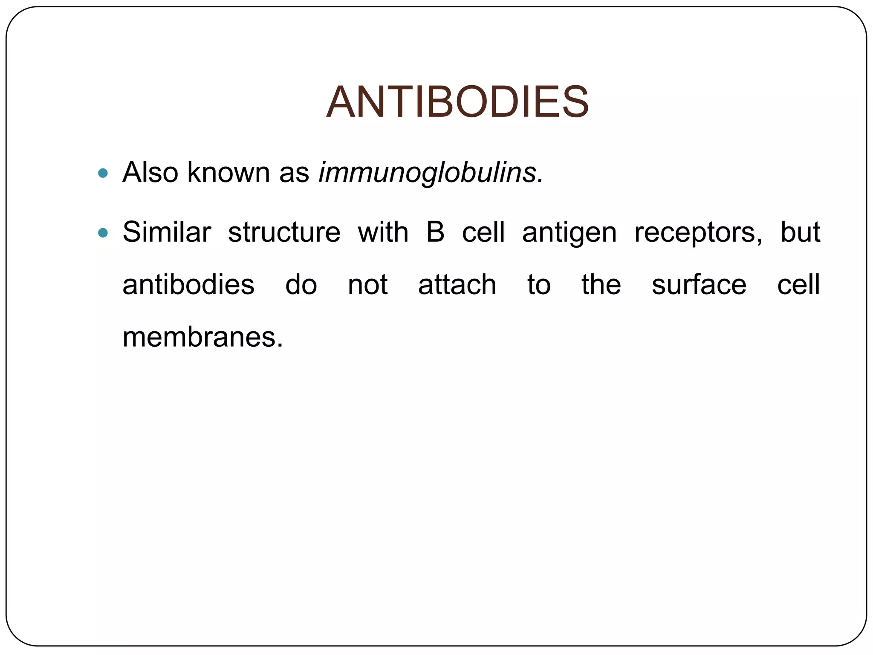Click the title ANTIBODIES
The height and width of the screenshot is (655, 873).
coord(457,102)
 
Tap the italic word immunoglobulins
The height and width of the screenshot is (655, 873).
coord(431,173)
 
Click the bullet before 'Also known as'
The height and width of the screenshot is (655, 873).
coord(103,173)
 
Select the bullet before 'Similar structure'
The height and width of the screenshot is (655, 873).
coord(103,233)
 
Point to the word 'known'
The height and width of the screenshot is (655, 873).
coord(228,173)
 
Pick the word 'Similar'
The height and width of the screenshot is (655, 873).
coord(167,232)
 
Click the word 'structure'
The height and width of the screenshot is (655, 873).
coord(284,232)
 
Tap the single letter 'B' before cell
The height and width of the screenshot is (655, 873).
coord(435,232)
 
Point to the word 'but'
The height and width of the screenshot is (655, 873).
coord(800,232)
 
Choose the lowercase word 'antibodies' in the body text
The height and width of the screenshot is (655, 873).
coord(188,285)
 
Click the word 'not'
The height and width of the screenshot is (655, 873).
coord(367,285)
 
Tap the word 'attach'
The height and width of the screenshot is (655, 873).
coord(457,285)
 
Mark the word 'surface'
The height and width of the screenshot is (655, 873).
coord(699,285)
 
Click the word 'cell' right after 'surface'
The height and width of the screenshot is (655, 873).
coord(798,285)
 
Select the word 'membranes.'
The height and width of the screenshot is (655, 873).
coord(203,337)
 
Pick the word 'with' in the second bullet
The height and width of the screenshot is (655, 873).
coord(383,232)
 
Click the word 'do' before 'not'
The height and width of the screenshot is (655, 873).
coord(301,285)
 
